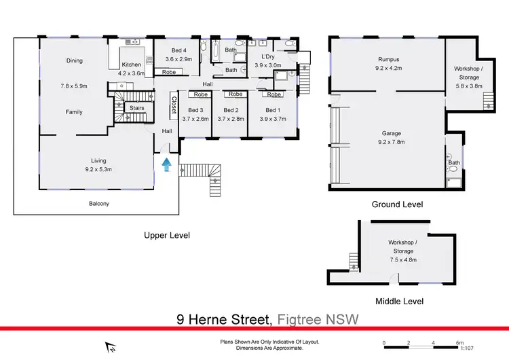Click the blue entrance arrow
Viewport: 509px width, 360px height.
click(166, 163)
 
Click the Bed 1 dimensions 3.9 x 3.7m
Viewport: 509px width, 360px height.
click(272, 119)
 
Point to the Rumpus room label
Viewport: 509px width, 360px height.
click(388, 59)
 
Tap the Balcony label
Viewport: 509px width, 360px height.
click(99, 204)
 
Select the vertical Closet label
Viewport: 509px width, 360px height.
click(174, 104)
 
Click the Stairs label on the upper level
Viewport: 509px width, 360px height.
click(136, 107)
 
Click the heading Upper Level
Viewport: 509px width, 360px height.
click(166, 236)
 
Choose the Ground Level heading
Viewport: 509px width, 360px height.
click(397, 204)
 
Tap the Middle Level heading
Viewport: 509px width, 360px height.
click(399, 301)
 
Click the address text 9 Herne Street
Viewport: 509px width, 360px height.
click(223, 319)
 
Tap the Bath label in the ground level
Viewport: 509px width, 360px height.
click(454, 163)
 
